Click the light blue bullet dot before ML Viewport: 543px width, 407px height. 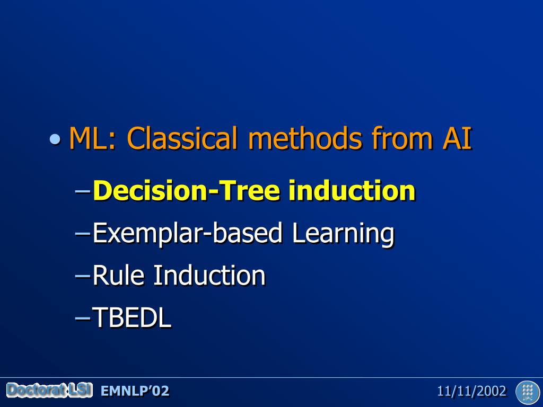coord(55,139)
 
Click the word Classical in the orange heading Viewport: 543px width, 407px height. coord(183,138)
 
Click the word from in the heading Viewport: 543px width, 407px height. coord(402,138)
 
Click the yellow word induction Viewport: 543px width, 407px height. coord(352,190)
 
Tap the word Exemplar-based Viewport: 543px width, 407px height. coord(187,234)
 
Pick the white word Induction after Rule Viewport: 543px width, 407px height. coord(209,275)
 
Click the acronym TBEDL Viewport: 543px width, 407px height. coord(132,317)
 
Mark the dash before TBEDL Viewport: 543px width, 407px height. coord(82,317)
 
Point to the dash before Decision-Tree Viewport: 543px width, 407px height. coord(82,191)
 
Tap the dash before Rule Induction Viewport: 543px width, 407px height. coord(82,276)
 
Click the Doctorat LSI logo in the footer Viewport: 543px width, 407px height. coord(49,391)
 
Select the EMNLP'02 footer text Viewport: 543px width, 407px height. coord(135,391)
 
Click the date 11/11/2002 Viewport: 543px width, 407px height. coord(471,391)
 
